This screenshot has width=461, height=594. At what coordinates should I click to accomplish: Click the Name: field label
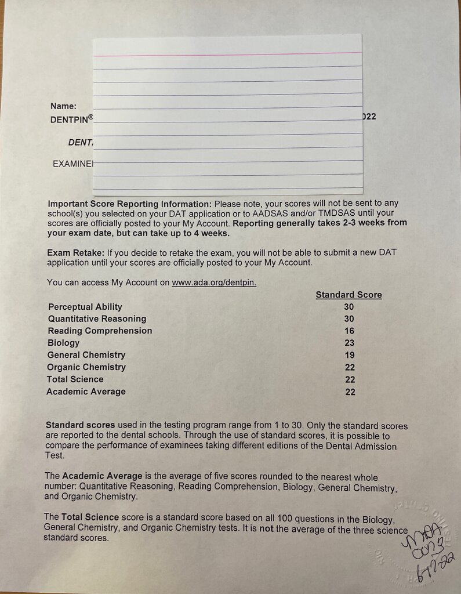63,106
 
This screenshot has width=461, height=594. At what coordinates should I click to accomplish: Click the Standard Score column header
349,295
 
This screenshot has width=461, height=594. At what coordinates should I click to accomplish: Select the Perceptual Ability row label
85,307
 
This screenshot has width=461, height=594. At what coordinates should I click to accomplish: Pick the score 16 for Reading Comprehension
349,331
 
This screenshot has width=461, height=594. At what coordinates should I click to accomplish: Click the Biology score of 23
349,343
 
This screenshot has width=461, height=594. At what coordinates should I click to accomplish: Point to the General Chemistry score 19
349,355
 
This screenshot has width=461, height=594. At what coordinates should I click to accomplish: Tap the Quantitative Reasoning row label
97,319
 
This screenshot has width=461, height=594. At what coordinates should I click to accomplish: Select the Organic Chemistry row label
86,367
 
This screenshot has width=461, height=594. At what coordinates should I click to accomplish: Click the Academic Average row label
86,392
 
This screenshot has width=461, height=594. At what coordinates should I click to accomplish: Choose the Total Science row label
75,379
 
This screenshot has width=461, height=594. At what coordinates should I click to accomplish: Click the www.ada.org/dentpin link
214,282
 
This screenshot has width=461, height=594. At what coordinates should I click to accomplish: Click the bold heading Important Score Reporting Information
130,204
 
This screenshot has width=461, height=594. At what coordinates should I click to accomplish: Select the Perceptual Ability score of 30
349,307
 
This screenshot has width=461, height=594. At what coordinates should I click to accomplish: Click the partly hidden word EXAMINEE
72,164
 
